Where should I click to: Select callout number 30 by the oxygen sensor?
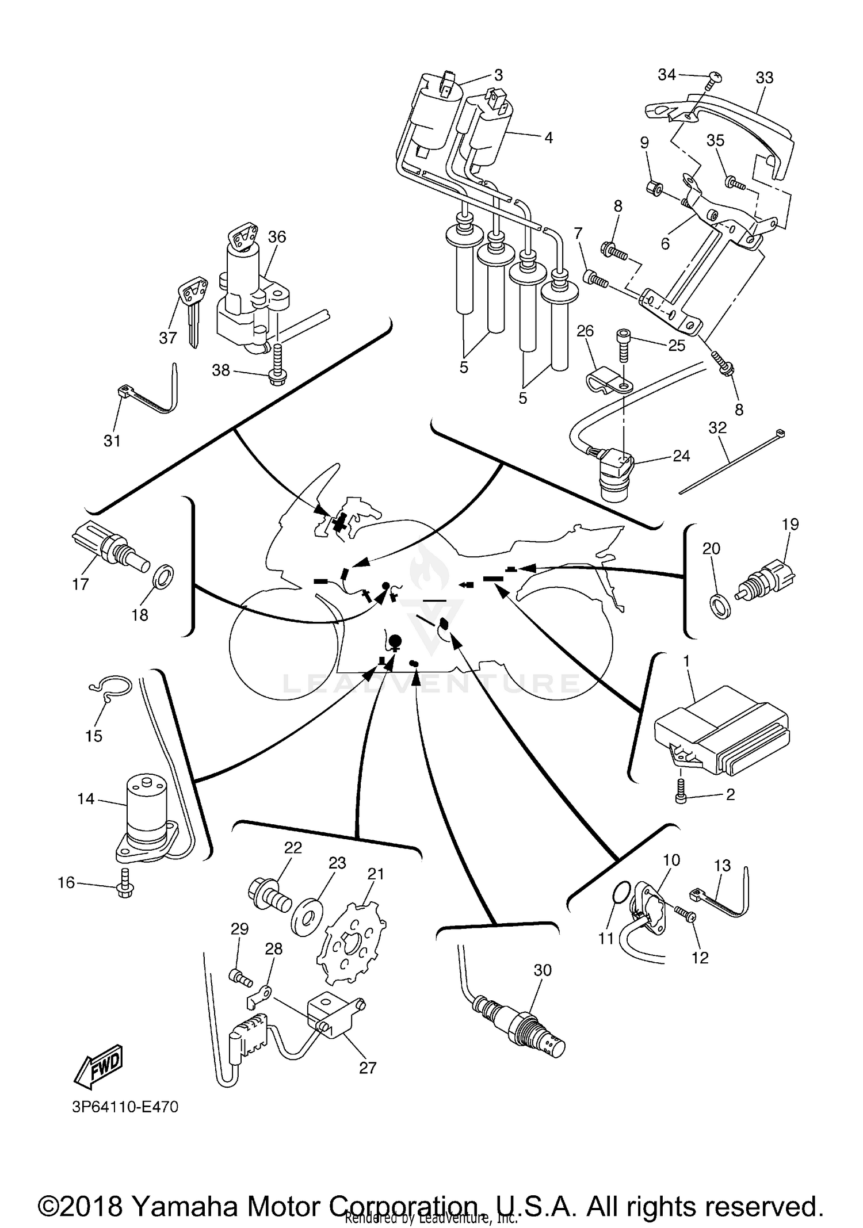[x=542, y=970]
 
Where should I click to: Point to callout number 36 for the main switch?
[x=277, y=237]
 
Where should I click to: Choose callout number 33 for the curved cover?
[x=764, y=78]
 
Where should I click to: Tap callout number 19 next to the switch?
[x=790, y=524]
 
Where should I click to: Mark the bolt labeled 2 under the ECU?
[x=681, y=798]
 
